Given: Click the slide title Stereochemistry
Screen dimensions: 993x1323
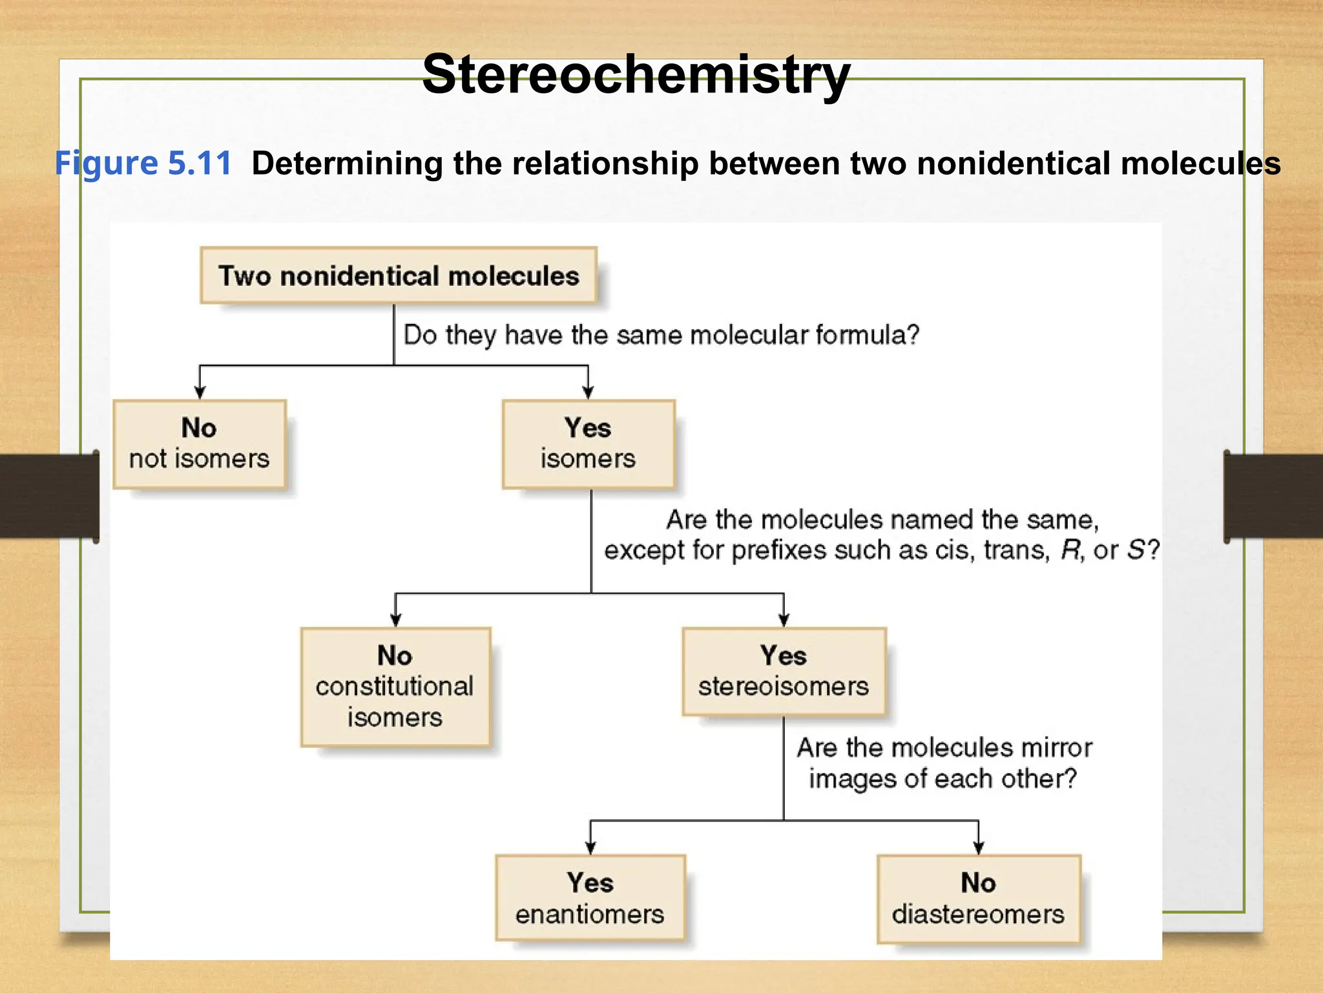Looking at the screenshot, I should tap(636, 74).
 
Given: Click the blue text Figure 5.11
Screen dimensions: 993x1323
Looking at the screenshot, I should tap(143, 163).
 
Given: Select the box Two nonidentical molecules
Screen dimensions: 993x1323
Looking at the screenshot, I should tap(398, 275).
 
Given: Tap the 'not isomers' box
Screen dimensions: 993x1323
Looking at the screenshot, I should tap(199, 444).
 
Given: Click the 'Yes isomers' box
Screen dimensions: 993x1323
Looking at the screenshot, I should tap(588, 444).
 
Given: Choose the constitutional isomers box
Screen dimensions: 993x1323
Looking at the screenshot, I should tap(395, 687).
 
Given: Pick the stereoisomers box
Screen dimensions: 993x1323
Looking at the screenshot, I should tap(783, 672).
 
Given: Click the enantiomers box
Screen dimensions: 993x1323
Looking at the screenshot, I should tap(589, 899).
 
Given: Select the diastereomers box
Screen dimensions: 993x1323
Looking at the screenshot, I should tap(978, 899).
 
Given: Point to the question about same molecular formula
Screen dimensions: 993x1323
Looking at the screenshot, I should tap(660, 335).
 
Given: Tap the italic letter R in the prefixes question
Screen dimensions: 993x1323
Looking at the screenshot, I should tap(1070, 550).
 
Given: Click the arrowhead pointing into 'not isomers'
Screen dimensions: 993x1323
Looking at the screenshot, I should tap(200, 392).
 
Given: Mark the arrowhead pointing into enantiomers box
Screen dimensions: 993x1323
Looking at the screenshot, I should tap(590, 848).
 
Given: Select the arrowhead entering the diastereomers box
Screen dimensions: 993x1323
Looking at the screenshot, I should tap(978, 848).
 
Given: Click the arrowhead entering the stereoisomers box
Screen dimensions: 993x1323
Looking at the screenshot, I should tap(784, 620).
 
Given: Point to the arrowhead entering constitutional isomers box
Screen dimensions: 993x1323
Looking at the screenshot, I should tap(395, 620).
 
